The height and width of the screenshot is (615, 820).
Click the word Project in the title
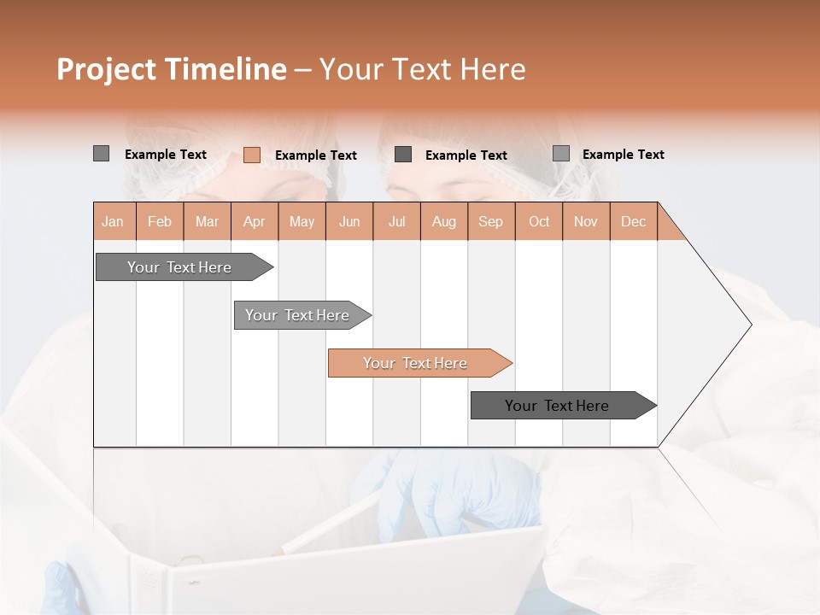pyautogui.click(x=106, y=69)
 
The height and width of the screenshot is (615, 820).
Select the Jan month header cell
pyautogui.click(x=114, y=221)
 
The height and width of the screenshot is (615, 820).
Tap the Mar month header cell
pyautogui.click(x=207, y=221)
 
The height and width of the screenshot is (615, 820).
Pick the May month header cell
pyautogui.click(x=302, y=221)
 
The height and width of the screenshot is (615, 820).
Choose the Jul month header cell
pyautogui.click(x=396, y=221)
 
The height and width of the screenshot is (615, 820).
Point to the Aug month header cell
pyautogui.click(x=444, y=221)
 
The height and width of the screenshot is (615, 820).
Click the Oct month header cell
pyautogui.click(x=539, y=221)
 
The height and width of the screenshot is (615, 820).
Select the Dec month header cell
pyautogui.click(x=633, y=221)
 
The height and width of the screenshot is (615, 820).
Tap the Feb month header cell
pyautogui.click(x=160, y=221)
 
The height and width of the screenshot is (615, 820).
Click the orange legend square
pyautogui.click(x=251, y=155)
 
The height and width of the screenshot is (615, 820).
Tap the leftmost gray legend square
pyautogui.click(x=101, y=154)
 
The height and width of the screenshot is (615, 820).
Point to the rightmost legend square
pyautogui.click(x=560, y=154)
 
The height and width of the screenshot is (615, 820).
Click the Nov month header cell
pyautogui.click(x=586, y=221)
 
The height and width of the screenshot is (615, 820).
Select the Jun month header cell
pyautogui.click(x=349, y=221)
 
